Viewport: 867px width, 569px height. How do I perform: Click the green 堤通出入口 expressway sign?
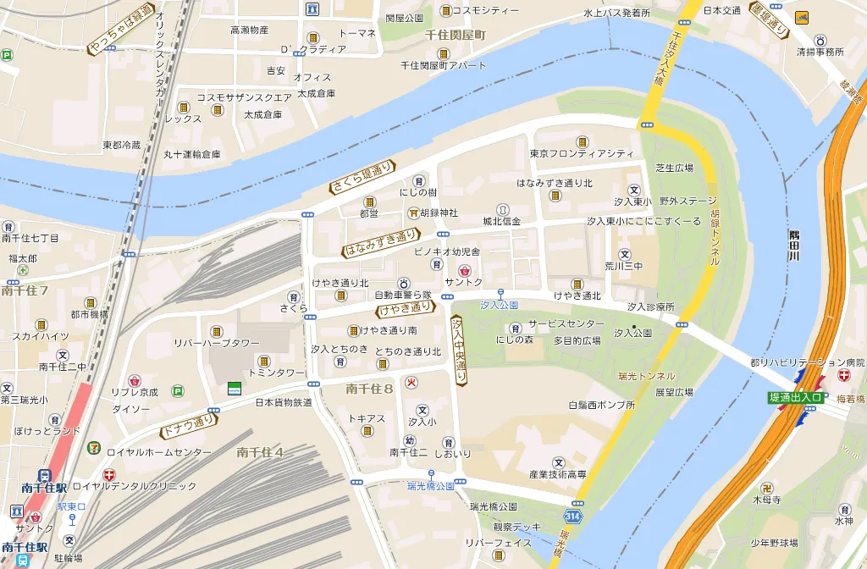795,397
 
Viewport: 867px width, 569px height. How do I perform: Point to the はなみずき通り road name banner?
381,243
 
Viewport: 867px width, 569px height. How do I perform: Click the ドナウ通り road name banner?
188,428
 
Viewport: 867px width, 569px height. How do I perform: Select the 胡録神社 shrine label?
439,213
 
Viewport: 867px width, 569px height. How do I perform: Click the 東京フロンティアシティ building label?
582,153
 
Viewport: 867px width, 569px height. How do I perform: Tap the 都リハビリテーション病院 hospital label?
807,362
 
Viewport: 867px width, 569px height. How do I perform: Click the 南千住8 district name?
370,389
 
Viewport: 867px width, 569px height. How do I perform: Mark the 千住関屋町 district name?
456,35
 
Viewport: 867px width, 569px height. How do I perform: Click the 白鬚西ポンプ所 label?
601,405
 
